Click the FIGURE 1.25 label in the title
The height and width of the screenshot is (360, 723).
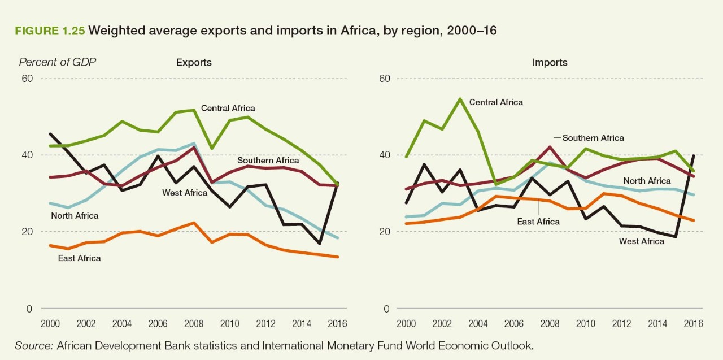(x=50, y=31)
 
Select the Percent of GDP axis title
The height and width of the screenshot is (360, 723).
(x=58, y=62)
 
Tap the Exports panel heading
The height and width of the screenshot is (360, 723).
(x=194, y=63)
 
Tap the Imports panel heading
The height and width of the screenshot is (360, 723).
(x=550, y=63)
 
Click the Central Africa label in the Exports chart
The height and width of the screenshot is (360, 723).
(x=228, y=108)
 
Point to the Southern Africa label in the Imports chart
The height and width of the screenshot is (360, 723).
(x=593, y=138)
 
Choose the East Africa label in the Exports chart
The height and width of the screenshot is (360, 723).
(x=79, y=258)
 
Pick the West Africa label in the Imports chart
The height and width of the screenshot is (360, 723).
(x=641, y=241)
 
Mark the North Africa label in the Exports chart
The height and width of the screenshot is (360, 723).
(x=75, y=215)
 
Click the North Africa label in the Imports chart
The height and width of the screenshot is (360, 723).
(x=647, y=181)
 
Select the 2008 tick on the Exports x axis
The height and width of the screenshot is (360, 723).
(x=194, y=324)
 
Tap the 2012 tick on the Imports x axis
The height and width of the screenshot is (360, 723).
(x=621, y=324)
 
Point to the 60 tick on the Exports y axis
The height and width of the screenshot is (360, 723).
(x=27, y=79)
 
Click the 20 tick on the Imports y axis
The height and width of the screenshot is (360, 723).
(x=385, y=232)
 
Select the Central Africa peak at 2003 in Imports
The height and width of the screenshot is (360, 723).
(x=460, y=99)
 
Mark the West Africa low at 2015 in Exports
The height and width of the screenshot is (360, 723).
(x=320, y=244)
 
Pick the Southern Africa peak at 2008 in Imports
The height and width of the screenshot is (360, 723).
(x=550, y=147)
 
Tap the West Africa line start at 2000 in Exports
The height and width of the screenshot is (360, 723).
(x=51, y=134)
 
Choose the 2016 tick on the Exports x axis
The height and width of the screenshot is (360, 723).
(x=337, y=324)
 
